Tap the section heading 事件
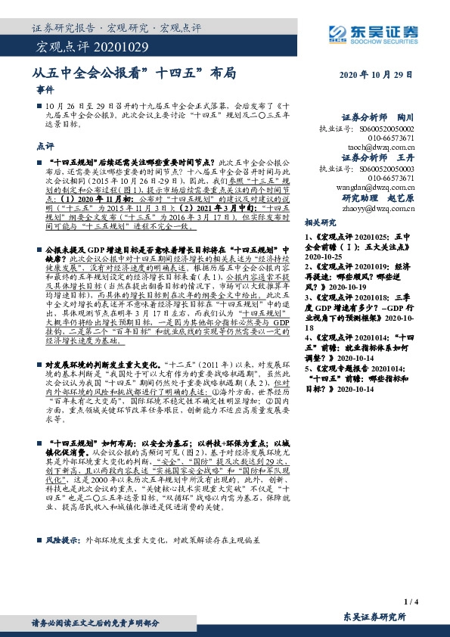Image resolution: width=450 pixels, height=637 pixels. pos(46,90)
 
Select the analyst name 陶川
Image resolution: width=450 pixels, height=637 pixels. pos(405,118)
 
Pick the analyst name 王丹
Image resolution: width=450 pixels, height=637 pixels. pos(405,157)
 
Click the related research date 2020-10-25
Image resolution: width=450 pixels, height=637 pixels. pos(323,256)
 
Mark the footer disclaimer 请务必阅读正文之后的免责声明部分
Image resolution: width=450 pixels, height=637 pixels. pos(95,623)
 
